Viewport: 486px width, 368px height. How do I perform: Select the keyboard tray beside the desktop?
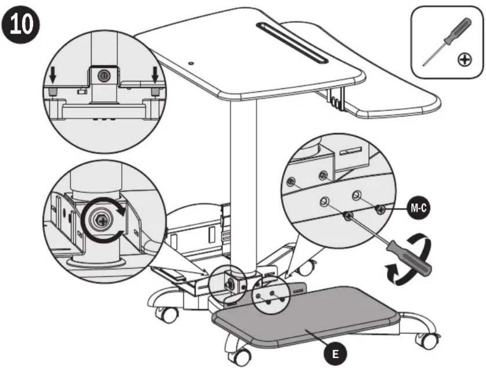point(391,102)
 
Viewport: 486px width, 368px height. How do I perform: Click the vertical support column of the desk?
point(243,174)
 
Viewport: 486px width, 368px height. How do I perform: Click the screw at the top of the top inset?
point(103,76)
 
